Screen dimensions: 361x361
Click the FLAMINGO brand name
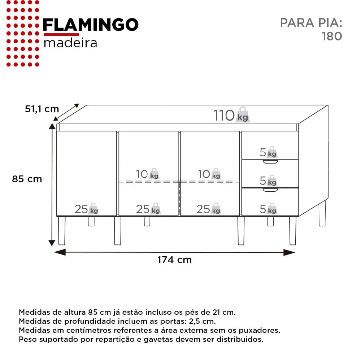point(91,25)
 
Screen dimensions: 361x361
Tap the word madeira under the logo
point(70,43)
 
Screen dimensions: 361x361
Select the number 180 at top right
point(332,36)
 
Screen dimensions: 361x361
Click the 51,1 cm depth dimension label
point(42,109)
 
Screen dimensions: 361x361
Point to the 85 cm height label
point(27,179)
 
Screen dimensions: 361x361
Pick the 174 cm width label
point(174,260)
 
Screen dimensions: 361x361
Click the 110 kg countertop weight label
point(231,115)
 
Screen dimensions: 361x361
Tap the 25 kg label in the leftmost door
point(86,209)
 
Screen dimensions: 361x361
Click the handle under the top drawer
point(270,162)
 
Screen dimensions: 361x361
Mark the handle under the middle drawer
point(270,190)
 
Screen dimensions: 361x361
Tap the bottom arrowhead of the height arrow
point(52,243)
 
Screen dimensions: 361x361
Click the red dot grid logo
point(23,34)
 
